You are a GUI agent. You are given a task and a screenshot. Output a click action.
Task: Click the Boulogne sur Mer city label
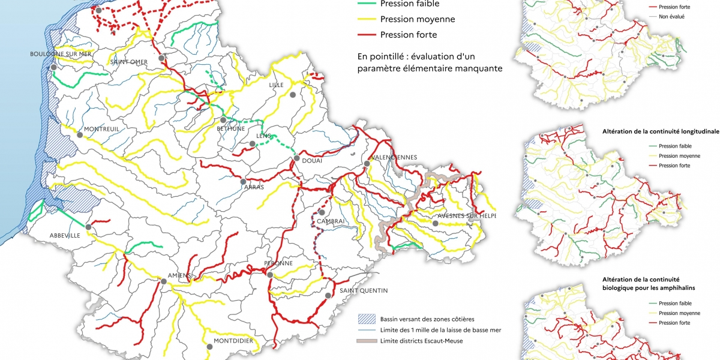[61, 54]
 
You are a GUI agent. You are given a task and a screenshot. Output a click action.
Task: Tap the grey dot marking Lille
[293, 95]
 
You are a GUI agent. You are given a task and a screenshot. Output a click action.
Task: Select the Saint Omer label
[128, 61]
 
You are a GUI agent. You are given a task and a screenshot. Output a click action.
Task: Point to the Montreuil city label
[101, 129]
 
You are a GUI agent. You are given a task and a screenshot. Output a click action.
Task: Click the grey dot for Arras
[243, 181]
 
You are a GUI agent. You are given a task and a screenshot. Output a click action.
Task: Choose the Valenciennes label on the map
[394, 157]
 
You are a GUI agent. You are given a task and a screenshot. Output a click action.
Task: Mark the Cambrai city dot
[322, 212]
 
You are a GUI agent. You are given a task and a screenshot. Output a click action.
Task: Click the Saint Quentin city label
[364, 290]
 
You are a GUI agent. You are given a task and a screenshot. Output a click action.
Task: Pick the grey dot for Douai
[296, 158]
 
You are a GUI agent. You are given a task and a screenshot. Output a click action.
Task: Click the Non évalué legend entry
[671, 17]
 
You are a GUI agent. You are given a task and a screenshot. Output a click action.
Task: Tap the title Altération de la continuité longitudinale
[660, 130]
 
